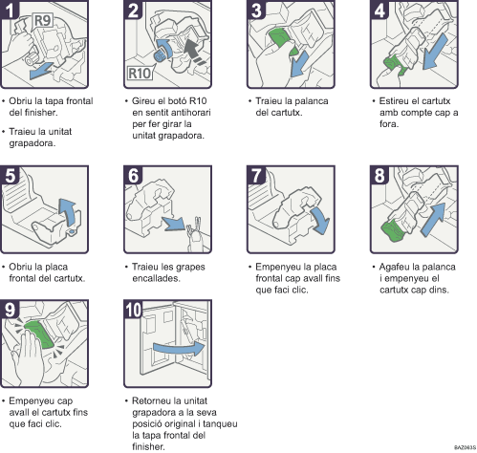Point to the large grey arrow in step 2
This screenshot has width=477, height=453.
coord(191,43)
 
